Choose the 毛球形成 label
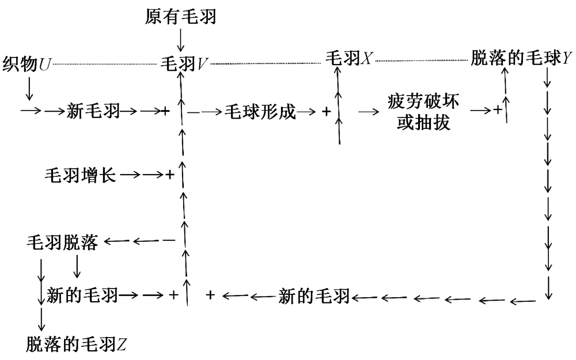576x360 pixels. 260,112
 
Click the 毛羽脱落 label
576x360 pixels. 63,242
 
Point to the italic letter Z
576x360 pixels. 122,345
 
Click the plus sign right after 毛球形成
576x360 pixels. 326,112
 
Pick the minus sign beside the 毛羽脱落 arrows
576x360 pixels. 168,240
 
